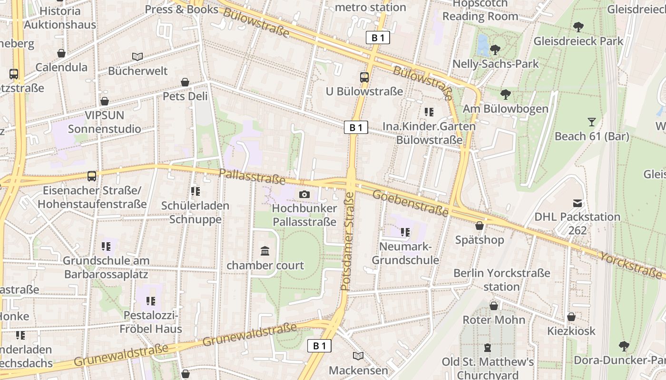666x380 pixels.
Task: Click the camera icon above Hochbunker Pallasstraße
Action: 304,194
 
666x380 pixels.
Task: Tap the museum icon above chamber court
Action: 265,251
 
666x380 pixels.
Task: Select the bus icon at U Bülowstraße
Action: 364,77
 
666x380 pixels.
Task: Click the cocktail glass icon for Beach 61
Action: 591,122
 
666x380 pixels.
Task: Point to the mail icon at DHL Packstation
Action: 577,203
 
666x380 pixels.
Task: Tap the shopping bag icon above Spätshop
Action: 480,226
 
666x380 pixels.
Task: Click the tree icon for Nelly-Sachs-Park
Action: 495,49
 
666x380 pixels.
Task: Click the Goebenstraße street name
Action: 410,203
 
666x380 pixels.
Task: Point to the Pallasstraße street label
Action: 252,177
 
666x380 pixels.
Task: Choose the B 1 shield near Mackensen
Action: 319,346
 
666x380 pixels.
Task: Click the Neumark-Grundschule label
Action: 405,254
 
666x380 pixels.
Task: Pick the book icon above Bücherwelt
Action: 137,57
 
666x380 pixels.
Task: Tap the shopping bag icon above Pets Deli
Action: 185,83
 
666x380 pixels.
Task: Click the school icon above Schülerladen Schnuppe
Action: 195,191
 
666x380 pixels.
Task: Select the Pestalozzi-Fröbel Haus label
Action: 150,322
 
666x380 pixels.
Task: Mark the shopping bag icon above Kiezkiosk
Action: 571,317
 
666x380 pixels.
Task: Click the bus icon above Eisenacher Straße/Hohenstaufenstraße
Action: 92,176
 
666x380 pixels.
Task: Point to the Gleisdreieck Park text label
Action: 578,41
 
